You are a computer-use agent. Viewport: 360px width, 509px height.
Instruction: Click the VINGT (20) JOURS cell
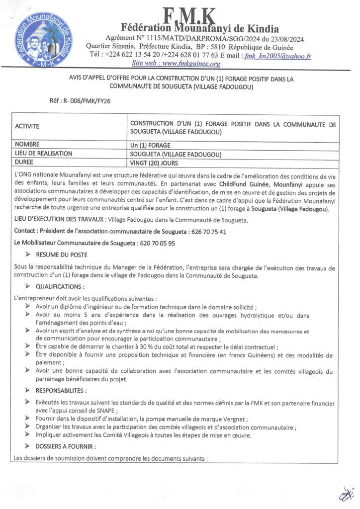tap(154, 163)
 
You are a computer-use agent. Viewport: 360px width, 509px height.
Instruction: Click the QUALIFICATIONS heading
tap(60, 287)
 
